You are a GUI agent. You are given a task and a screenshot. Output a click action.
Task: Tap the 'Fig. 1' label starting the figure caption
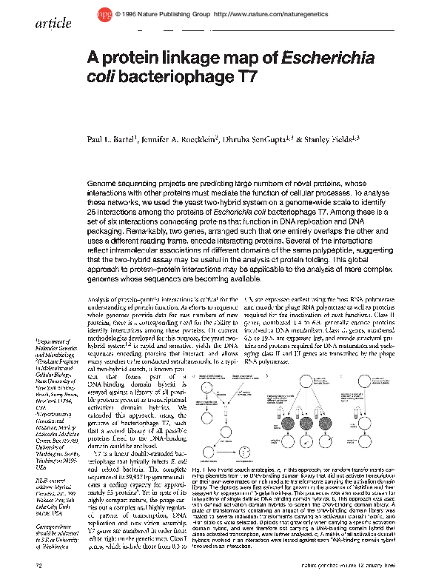tap(198, 470)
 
